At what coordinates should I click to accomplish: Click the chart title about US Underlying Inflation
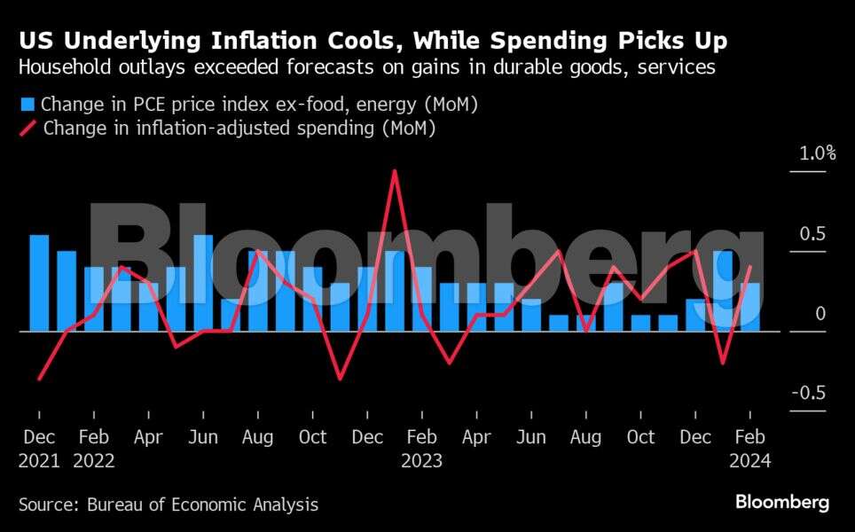pyautogui.click(x=374, y=41)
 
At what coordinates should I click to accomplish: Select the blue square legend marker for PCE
pyautogui.click(x=27, y=106)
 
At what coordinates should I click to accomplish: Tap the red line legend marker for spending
pyautogui.click(x=27, y=128)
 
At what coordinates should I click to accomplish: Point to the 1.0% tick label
pyautogui.click(x=817, y=153)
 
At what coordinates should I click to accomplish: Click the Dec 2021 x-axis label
pyautogui.click(x=38, y=449)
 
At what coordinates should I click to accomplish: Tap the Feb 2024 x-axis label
pyautogui.click(x=750, y=449)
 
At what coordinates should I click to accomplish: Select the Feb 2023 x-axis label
pyautogui.click(x=421, y=449)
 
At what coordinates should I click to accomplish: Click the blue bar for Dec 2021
pyautogui.click(x=39, y=283)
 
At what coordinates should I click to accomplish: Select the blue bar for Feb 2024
pyautogui.click(x=750, y=307)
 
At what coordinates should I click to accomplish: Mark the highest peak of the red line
pyautogui.click(x=394, y=170)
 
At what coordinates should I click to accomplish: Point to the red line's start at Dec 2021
pyautogui.click(x=39, y=379)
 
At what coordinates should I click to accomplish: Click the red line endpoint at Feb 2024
pyautogui.click(x=750, y=267)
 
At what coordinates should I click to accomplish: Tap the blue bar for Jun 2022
pyautogui.click(x=203, y=283)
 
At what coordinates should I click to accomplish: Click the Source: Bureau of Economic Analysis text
pyautogui.click(x=169, y=505)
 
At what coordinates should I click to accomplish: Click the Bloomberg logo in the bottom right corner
pyautogui.click(x=781, y=503)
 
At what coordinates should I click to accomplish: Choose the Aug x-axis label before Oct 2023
pyautogui.click(x=586, y=438)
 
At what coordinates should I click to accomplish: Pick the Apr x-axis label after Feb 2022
pyautogui.click(x=148, y=438)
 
